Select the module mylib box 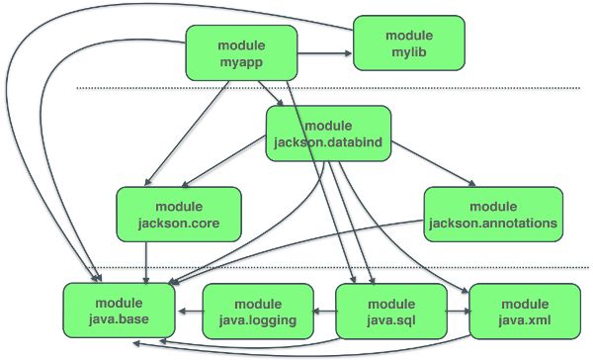click(x=409, y=42)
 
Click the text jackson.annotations click(x=494, y=225)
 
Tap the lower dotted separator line click(x=296, y=267)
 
